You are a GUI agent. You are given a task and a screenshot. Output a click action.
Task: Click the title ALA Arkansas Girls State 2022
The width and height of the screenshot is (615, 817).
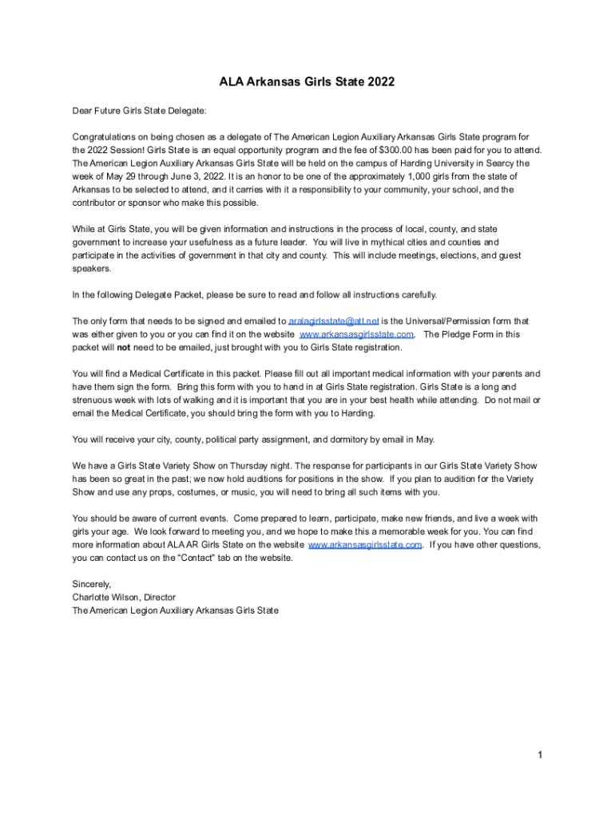click(x=307, y=82)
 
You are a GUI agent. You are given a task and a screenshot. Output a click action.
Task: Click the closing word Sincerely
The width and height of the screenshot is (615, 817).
click(x=92, y=584)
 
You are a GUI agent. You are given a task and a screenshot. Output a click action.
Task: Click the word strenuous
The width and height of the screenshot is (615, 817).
click(x=94, y=400)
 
